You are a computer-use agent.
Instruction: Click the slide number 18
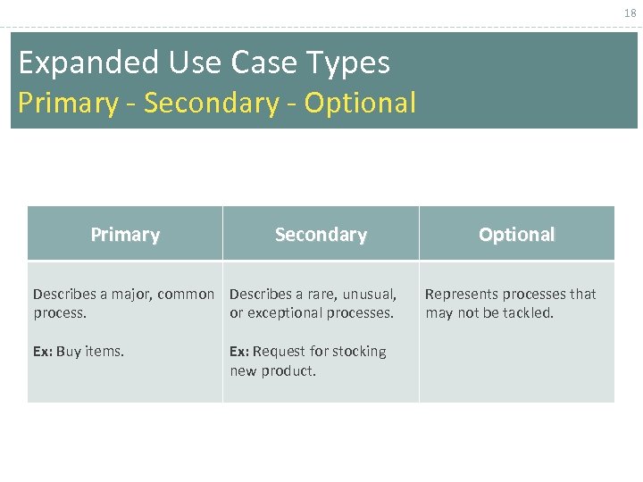tap(630, 13)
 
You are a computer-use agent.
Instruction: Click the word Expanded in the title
tap(73, 62)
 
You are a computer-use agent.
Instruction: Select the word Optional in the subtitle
tap(360, 104)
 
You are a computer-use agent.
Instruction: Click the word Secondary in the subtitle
tap(211, 104)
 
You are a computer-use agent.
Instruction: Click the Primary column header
tap(125, 235)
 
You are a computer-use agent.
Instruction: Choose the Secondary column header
tap(321, 235)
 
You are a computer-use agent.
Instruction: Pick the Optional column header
tap(516, 235)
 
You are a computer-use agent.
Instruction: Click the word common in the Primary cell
tap(187, 295)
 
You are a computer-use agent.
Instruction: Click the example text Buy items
tap(90, 352)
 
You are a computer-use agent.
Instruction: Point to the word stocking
tap(359, 352)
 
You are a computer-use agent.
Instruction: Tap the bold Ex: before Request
tap(239, 352)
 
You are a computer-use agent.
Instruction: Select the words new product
tap(272, 370)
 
